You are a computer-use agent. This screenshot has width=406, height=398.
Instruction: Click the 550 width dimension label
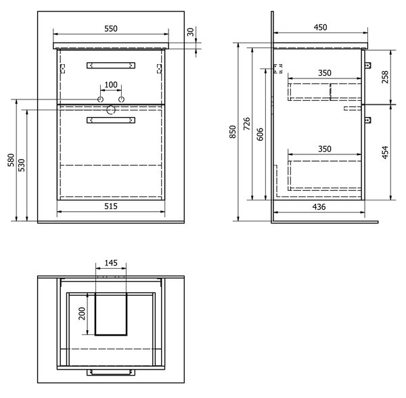point(111,28)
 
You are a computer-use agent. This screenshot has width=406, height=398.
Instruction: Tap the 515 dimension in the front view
point(111,206)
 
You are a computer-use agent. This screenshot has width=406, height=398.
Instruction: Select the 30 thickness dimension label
point(190,32)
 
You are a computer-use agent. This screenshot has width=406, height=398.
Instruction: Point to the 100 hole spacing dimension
point(111,85)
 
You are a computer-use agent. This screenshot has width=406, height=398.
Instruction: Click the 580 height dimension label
point(11,160)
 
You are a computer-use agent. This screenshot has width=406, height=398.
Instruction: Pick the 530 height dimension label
point(22,165)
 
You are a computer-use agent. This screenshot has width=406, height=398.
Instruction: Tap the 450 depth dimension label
point(320,27)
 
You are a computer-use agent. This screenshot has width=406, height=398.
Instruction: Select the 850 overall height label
point(233,132)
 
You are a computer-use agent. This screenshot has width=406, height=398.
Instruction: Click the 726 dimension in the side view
point(247,124)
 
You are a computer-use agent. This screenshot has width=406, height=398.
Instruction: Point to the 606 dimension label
point(260,134)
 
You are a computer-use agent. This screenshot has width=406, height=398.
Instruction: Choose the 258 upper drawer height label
point(385,77)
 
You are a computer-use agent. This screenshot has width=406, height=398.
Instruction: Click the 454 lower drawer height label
point(385,152)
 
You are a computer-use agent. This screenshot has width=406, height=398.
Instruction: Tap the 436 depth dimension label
point(319,206)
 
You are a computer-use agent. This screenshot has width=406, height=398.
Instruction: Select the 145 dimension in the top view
point(111,263)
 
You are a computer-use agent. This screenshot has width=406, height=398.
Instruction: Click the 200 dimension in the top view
point(82,313)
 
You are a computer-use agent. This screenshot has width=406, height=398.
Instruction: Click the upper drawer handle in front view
point(111,65)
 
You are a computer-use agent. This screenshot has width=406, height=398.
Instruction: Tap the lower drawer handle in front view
point(111,120)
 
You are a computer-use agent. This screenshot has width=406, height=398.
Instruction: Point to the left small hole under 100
point(100,99)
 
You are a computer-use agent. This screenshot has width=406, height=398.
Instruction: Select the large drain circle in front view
point(111,110)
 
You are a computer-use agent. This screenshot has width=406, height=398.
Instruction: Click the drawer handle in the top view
point(111,372)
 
